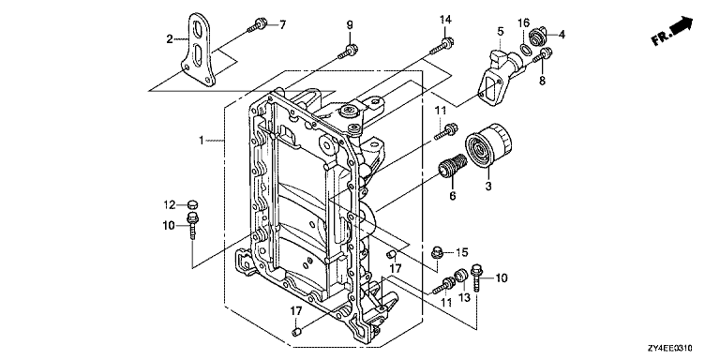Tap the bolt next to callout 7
pyautogui.click(x=257, y=24)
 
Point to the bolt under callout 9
pyautogui.click(x=348, y=51)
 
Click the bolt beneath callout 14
pyautogui.click(x=442, y=45)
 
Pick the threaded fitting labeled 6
pyautogui.click(x=452, y=165)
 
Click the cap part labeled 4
pyautogui.click(x=537, y=37)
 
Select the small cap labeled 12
pyautogui.click(x=194, y=203)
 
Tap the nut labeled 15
pyautogui.click(x=438, y=252)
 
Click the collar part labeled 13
pyautogui.click(x=460, y=277)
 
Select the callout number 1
pyautogui.click(x=201, y=140)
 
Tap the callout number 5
pyautogui.click(x=500, y=32)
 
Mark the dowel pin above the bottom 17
pyautogui.click(x=296, y=332)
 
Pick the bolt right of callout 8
pyautogui.click(x=542, y=56)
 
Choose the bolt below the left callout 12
pyautogui.click(x=192, y=225)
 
